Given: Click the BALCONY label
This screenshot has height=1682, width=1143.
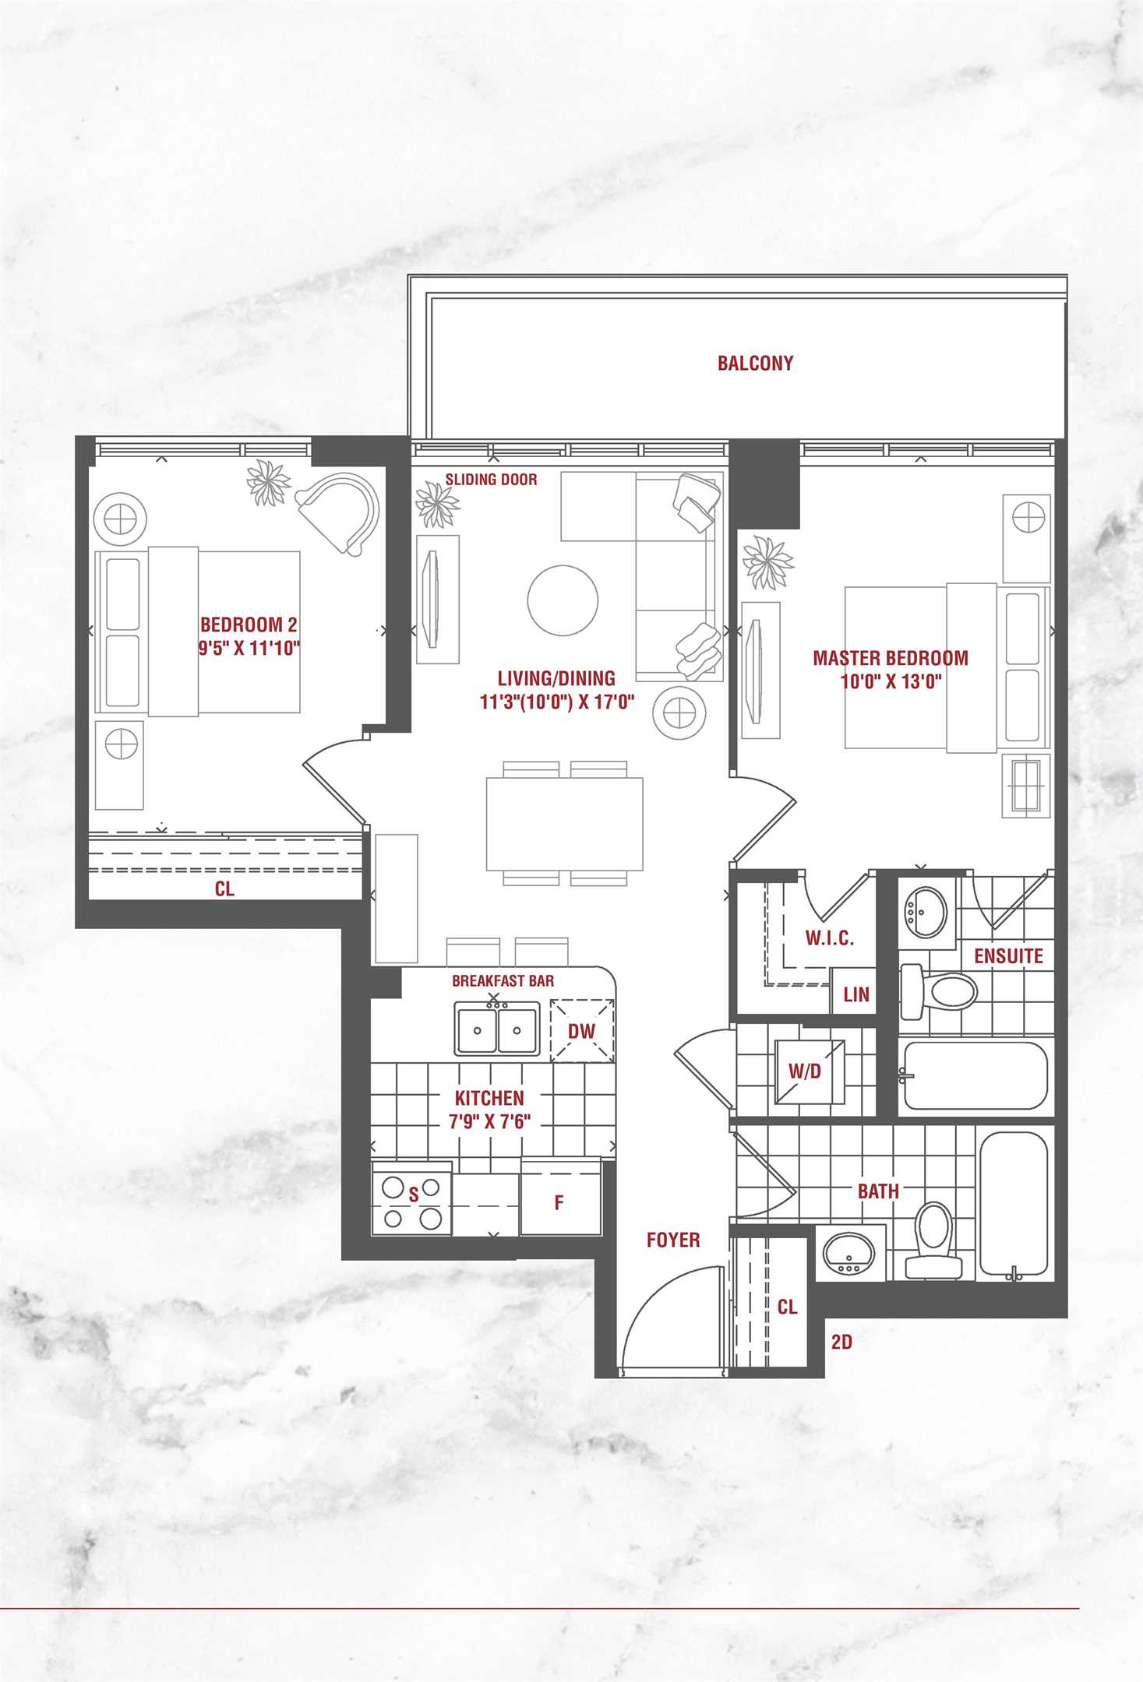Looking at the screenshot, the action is (755, 363).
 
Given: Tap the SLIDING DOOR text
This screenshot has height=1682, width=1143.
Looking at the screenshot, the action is (491, 480).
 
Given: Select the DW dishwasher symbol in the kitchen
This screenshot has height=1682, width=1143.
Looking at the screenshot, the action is (582, 1030).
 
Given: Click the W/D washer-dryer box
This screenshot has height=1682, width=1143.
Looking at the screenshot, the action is (810, 1071).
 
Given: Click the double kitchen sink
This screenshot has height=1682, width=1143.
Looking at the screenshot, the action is (497, 1029).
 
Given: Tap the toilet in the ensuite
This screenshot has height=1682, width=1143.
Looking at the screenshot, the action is (938, 992).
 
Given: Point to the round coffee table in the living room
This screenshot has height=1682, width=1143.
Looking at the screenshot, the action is (563, 600).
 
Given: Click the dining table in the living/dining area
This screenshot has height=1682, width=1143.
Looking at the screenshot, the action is (564, 823).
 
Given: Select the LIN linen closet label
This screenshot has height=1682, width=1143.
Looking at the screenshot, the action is (855, 994).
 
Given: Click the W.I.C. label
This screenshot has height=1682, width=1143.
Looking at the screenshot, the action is (829, 938).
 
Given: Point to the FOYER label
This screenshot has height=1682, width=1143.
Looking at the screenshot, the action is (673, 1240).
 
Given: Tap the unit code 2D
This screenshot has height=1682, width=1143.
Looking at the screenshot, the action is (841, 1342).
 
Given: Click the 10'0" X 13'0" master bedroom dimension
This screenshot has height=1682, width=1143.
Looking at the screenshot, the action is (891, 682).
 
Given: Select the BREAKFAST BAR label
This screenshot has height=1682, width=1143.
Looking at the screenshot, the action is (503, 981).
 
